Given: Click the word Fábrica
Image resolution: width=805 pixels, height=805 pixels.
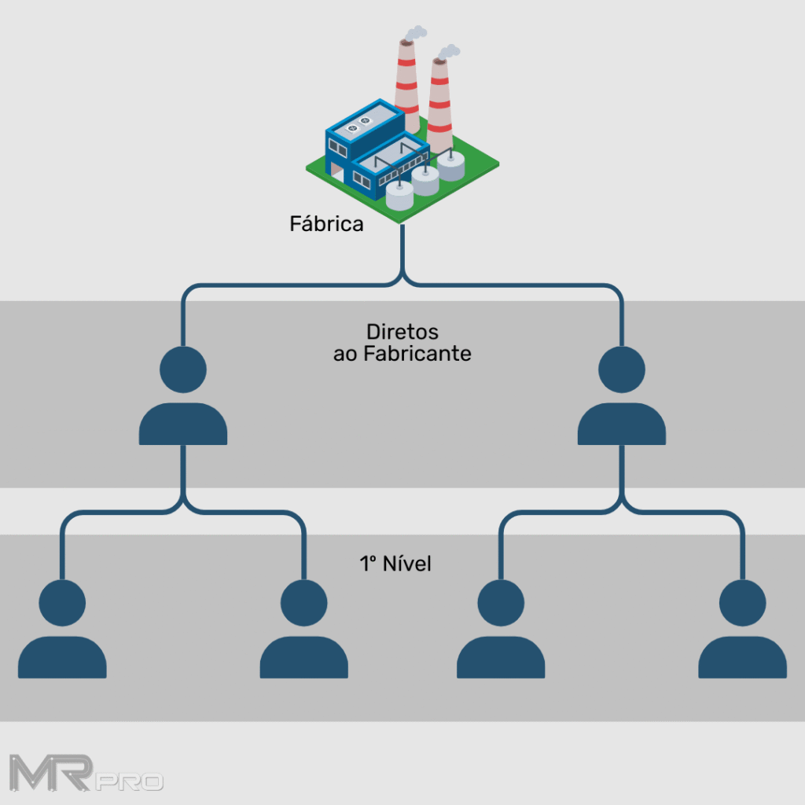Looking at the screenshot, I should (x=326, y=224).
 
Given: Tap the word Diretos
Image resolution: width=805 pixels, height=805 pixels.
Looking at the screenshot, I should (x=402, y=332).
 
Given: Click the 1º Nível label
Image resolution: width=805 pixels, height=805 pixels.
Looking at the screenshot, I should (x=395, y=564).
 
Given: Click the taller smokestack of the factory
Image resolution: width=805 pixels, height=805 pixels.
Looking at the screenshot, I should (x=406, y=86).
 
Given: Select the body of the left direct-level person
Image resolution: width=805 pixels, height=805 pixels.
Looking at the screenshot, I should (x=183, y=426).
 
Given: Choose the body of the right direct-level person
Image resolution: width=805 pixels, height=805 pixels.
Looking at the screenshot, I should (x=622, y=426).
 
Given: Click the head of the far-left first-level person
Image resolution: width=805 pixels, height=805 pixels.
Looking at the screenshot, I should (x=62, y=604).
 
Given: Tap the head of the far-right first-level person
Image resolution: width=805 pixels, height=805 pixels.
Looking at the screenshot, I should (x=742, y=604).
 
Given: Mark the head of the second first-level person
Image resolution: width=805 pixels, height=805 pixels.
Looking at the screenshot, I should (x=304, y=604).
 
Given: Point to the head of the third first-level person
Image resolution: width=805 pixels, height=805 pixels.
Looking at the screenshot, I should (x=501, y=604).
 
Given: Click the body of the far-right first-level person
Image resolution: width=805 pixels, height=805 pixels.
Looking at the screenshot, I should (x=742, y=660).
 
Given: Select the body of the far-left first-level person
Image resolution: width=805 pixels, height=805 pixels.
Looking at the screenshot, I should (x=62, y=660).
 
